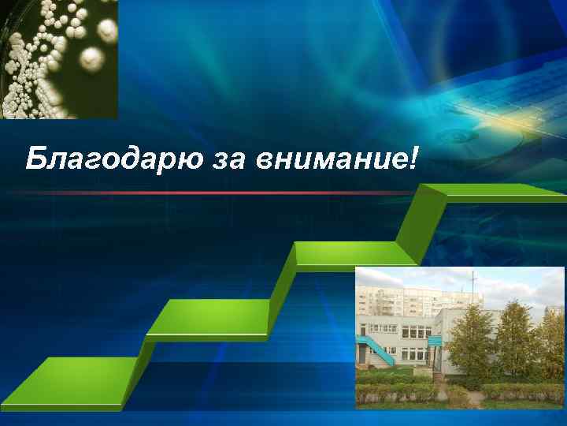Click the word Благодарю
(x=111, y=160)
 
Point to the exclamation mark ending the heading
(x=414, y=159)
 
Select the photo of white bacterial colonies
(x=59, y=59)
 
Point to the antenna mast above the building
(x=472, y=288)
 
